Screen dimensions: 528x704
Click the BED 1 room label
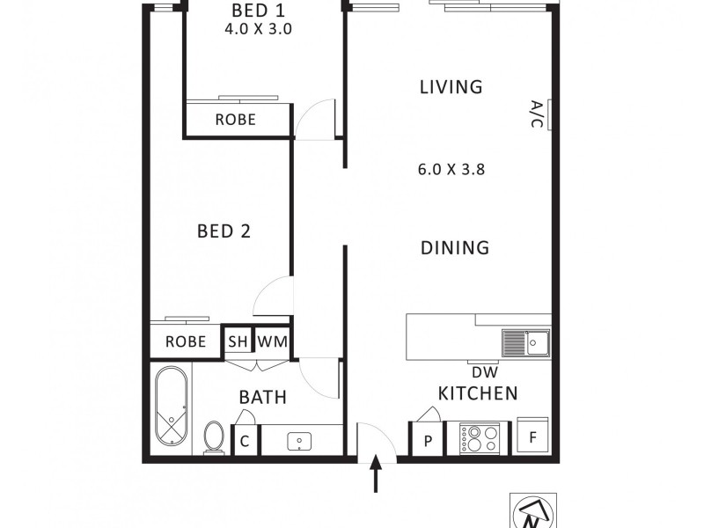point(258,11)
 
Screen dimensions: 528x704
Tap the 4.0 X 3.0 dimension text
point(259,28)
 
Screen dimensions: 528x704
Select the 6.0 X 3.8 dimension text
point(452,170)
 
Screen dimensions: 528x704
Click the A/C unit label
point(537,114)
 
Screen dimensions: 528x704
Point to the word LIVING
point(451,87)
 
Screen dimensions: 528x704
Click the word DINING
point(454,248)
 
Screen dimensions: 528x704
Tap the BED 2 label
point(224,231)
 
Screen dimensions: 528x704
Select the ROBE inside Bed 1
point(235,120)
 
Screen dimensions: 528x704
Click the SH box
point(238,341)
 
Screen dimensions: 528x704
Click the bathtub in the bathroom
point(171,408)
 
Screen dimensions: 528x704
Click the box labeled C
point(246,441)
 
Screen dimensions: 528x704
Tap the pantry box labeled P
point(428,441)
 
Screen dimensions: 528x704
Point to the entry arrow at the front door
point(377,475)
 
